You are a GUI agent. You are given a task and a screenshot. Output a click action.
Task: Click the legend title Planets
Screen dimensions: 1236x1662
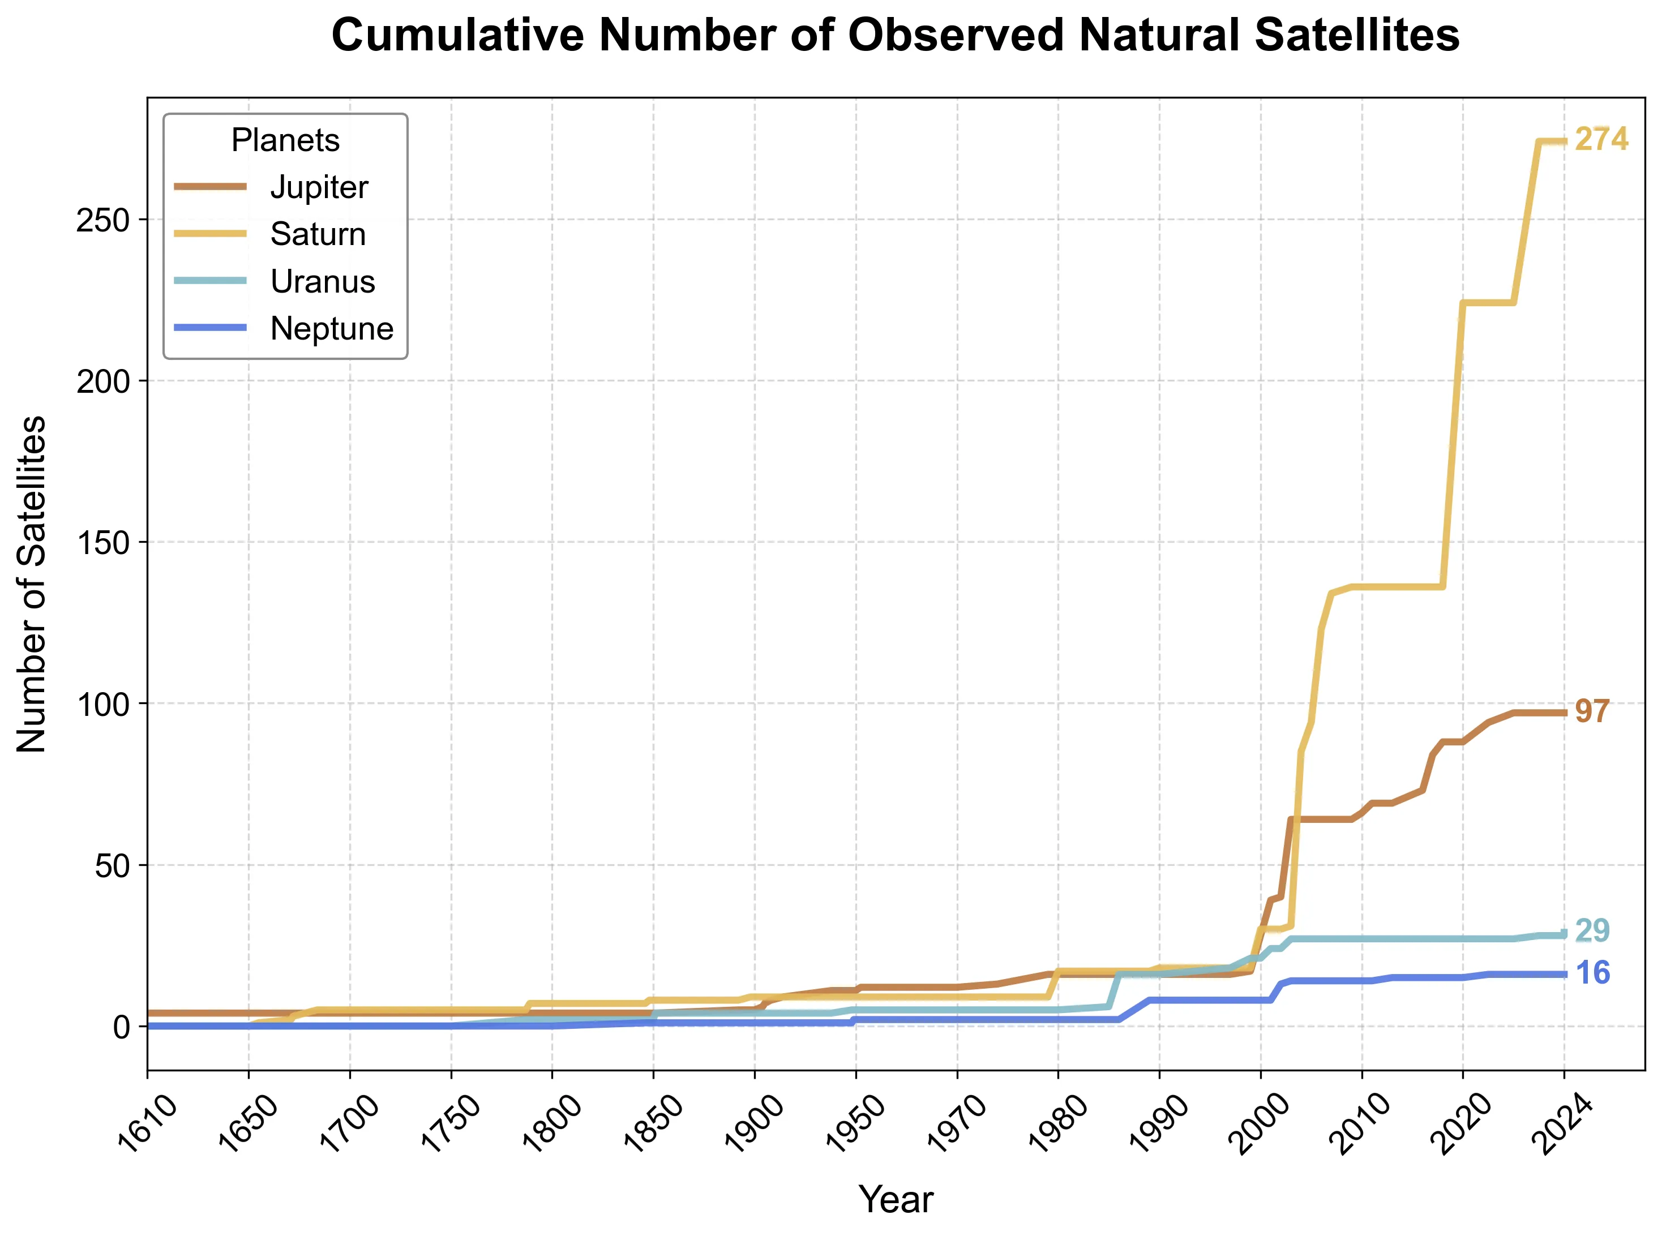[x=285, y=140]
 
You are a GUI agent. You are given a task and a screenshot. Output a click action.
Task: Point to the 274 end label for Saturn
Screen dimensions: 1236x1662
[x=1601, y=139]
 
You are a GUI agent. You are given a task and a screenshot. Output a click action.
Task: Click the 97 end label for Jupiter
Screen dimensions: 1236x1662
[x=1592, y=711]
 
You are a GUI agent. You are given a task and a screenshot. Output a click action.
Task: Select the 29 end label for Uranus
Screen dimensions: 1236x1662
[x=1592, y=931]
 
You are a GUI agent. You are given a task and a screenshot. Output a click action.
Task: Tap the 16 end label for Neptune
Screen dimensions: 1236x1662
[x=1592, y=973]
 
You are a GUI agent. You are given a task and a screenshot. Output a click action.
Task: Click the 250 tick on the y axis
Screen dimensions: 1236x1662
[x=102, y=220]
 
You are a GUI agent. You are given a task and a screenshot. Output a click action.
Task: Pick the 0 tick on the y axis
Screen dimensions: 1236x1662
[x=121, y=1027]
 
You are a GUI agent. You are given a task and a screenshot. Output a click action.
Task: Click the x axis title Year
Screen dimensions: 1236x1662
[x=896, y=1200]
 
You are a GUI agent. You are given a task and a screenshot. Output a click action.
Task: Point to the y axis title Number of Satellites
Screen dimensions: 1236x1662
[x=32, y=583]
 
